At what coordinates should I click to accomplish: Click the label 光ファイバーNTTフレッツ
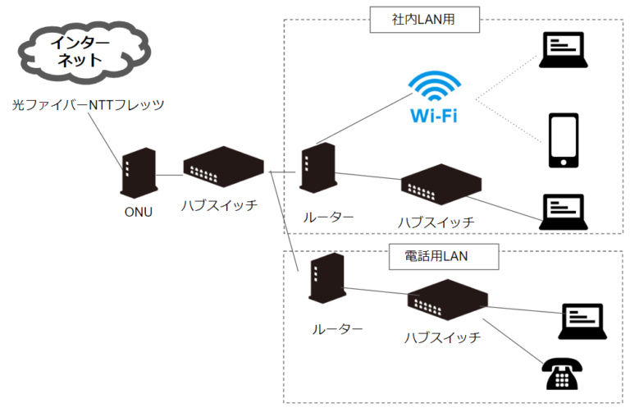point(89,105)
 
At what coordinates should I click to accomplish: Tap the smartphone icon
point(564,140)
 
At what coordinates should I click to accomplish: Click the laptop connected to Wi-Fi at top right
point(564,50)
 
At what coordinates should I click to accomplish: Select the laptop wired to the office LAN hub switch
point(564,212)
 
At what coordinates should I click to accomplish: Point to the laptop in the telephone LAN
point(582,321)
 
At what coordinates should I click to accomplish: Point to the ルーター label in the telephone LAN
point(337,328)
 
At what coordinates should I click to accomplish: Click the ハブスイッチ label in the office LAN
point(436,222)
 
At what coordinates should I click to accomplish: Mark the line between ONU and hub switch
point(169,174)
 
